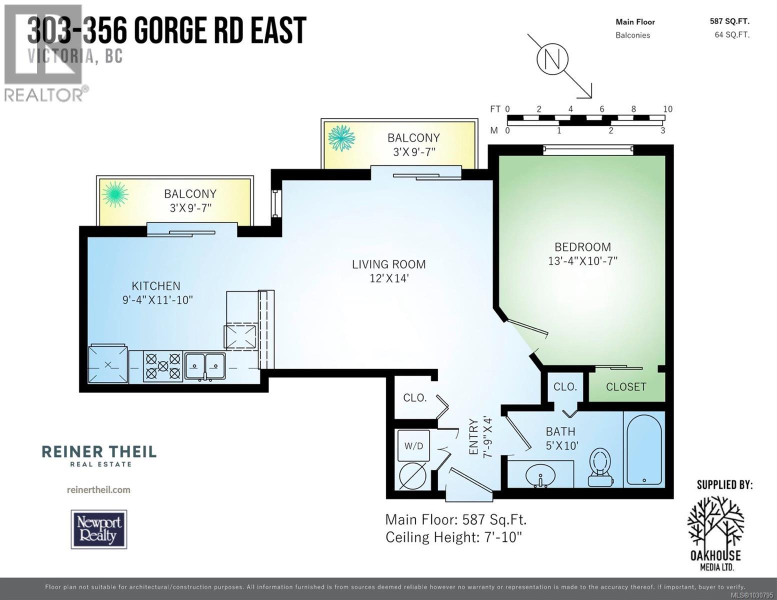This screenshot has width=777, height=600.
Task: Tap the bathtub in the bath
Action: click(x=644, y=448)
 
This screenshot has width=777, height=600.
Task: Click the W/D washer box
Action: click(x=413, y=445)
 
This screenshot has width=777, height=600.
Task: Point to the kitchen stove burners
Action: click(x=162, y=366)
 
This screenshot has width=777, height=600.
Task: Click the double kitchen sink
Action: click(x=205, y=365)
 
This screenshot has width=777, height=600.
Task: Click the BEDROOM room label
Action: click(x=582, y=247)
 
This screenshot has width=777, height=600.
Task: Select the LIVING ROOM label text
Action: click(x=388, y=264)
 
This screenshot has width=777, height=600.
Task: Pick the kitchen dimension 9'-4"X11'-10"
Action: click(x=157, y=300)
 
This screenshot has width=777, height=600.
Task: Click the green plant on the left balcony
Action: click(x=115, y=194)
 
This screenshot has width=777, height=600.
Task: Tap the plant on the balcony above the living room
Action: click(x=341, y=137)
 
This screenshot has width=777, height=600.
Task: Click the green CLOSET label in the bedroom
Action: click(x=626, y=386)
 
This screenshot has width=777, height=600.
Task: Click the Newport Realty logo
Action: click(x=99, y=529)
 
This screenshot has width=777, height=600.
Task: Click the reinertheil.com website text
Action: click(x=98, y=489)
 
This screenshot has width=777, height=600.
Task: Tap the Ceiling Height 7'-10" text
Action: click(x=453, y=537)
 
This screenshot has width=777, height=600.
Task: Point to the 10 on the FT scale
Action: click(x=667, y=109)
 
